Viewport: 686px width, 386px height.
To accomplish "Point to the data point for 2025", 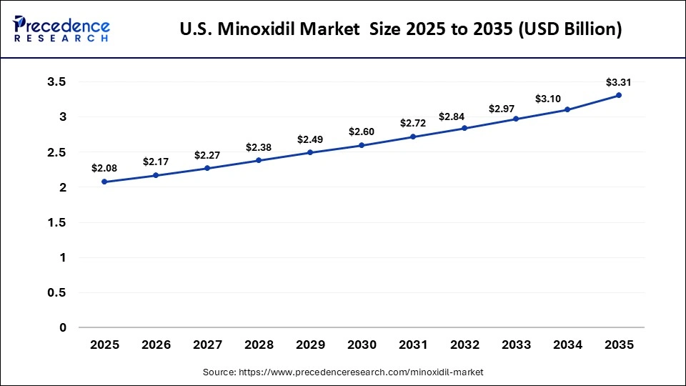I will (104, 182).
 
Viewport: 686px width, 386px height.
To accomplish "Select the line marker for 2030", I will (362, 145).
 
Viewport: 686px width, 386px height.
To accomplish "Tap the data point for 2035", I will (619, 95).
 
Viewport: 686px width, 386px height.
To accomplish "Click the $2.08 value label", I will (104, 168).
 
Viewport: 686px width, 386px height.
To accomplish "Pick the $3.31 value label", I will (619, 81).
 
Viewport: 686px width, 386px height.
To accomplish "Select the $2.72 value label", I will (413, 122).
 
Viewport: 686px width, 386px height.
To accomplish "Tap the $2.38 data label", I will (259, 147).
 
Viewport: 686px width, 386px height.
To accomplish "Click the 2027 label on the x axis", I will (207, 345).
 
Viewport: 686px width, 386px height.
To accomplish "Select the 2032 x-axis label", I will (464, 345).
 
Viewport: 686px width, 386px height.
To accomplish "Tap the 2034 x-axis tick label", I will (567, 345).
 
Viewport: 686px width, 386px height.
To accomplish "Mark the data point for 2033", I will (516, 119).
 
